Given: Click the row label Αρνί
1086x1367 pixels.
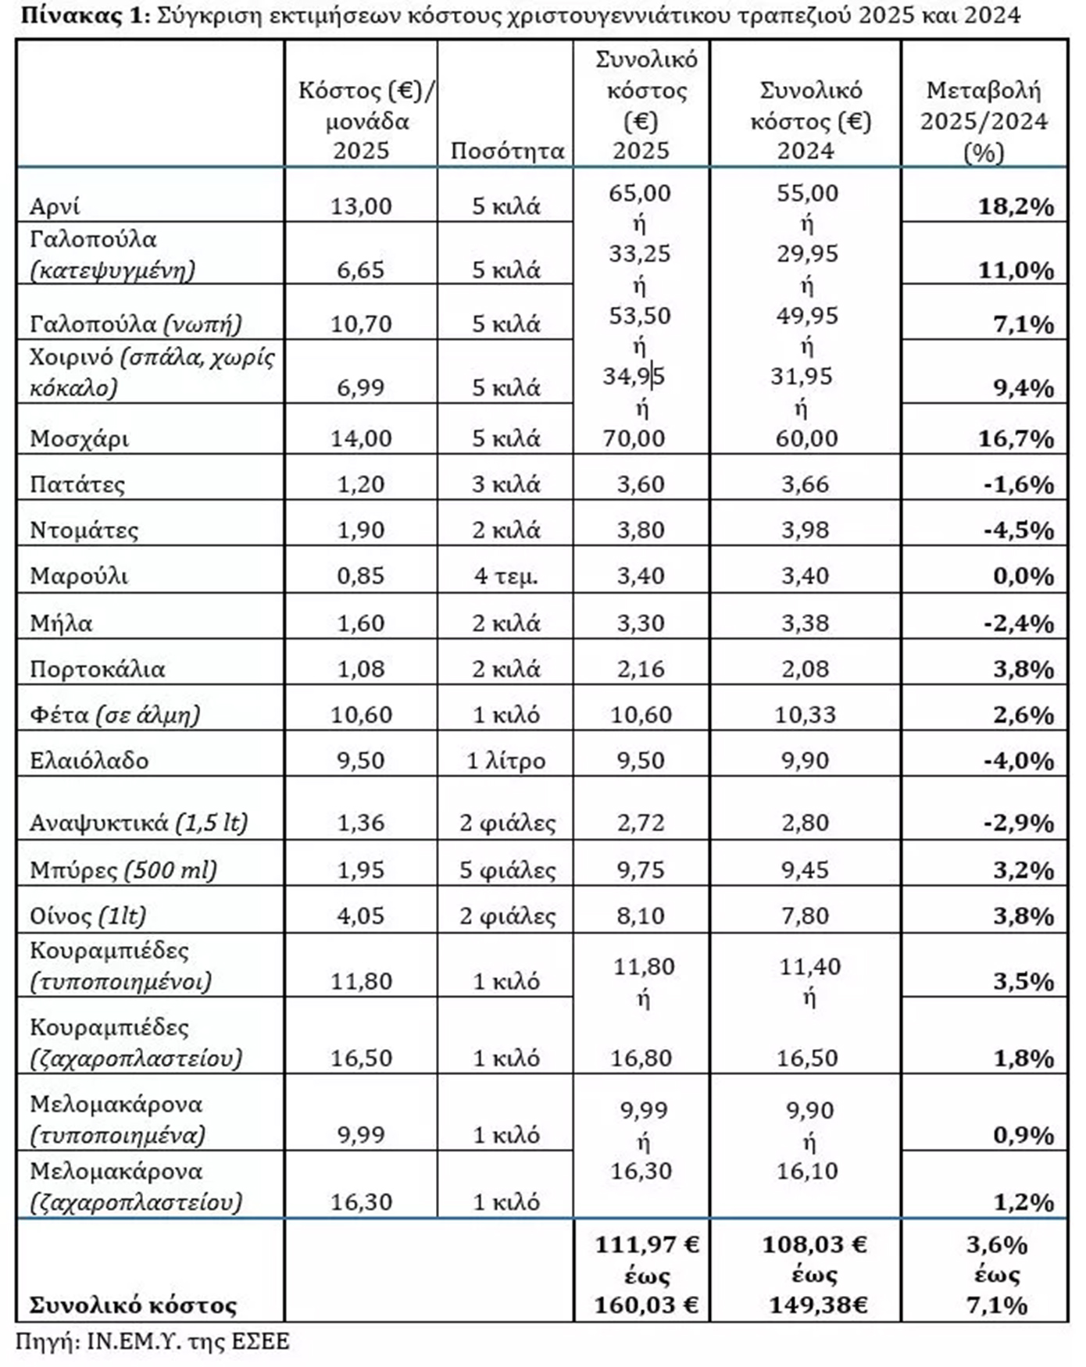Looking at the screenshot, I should [x=55, y=206].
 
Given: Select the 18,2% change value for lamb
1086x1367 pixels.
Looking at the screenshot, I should [x=1016, y=207].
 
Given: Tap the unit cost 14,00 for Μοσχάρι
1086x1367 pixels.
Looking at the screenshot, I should [x=361, y=438].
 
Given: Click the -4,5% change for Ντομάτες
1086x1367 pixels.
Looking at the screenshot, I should [x=1018, y=530].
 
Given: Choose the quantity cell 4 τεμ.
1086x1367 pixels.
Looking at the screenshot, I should [x=505, y=576].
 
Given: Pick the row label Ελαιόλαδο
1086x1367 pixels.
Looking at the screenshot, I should [x=89, y=761].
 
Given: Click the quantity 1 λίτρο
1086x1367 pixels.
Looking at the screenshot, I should [x=505, y=761].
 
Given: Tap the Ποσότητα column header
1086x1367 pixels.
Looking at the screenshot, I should [x=507, y=151].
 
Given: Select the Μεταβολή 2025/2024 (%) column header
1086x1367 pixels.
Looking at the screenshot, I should [x=984, y=121].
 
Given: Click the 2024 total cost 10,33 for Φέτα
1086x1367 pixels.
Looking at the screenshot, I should [x=805, y=715].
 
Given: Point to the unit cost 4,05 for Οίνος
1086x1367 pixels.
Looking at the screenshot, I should [x=361, y=915].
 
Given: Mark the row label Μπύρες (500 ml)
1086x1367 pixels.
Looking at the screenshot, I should [x=123, y=870].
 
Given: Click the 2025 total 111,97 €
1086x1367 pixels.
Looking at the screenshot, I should [x=646, y=1244].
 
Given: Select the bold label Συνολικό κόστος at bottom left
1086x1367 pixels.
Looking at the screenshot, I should [x=133, y=1305].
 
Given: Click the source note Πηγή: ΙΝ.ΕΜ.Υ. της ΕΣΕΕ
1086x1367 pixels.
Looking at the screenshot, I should [x=152, y=1342].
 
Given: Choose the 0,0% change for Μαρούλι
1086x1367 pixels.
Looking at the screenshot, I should [x=1023, y=576].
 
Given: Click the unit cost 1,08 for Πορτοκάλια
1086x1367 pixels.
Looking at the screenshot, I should [x=361, y=669].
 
